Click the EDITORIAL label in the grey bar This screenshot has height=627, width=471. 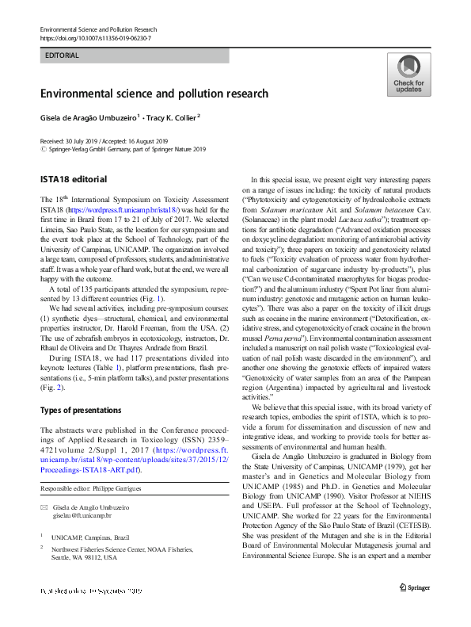(62, 55)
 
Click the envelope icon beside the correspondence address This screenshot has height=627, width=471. (44, 507)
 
